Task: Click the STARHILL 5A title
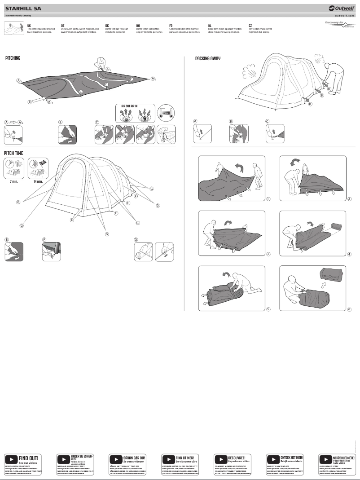point(23,8)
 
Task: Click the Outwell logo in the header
point(342,8)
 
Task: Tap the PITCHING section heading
point(13,58)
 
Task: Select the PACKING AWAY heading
point(208,59)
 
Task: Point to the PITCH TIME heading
point(13,153)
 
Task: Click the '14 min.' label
point(38,181)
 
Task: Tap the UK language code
point(29,26)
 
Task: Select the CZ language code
point(250,26)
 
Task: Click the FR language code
point(171,26)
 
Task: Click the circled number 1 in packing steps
point(268,198)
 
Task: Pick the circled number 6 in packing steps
point(349,309)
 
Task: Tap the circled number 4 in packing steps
point(349,254)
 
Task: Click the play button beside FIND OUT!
point(11,459)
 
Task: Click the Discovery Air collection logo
point(339,24)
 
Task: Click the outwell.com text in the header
point(344,15)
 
